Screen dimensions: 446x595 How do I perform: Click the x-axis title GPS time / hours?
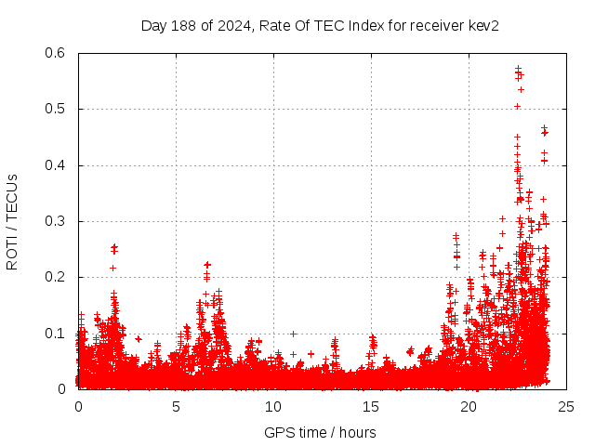[x=321, y=432]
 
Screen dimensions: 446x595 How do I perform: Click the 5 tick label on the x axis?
[x=176, y=406]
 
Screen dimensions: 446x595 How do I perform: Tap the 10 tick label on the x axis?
[x=273, y=406]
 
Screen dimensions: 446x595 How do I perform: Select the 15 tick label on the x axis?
[x=371, y=406]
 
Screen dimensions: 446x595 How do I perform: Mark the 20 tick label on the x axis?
[x=469, y=406]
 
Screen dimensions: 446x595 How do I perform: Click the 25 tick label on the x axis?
[x=566, y=406]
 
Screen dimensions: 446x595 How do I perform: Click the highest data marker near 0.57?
[x=518, y=68]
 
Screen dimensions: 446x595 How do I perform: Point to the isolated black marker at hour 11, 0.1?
[x=293, y=334]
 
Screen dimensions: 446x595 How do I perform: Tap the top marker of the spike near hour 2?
[x=114, y=247]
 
